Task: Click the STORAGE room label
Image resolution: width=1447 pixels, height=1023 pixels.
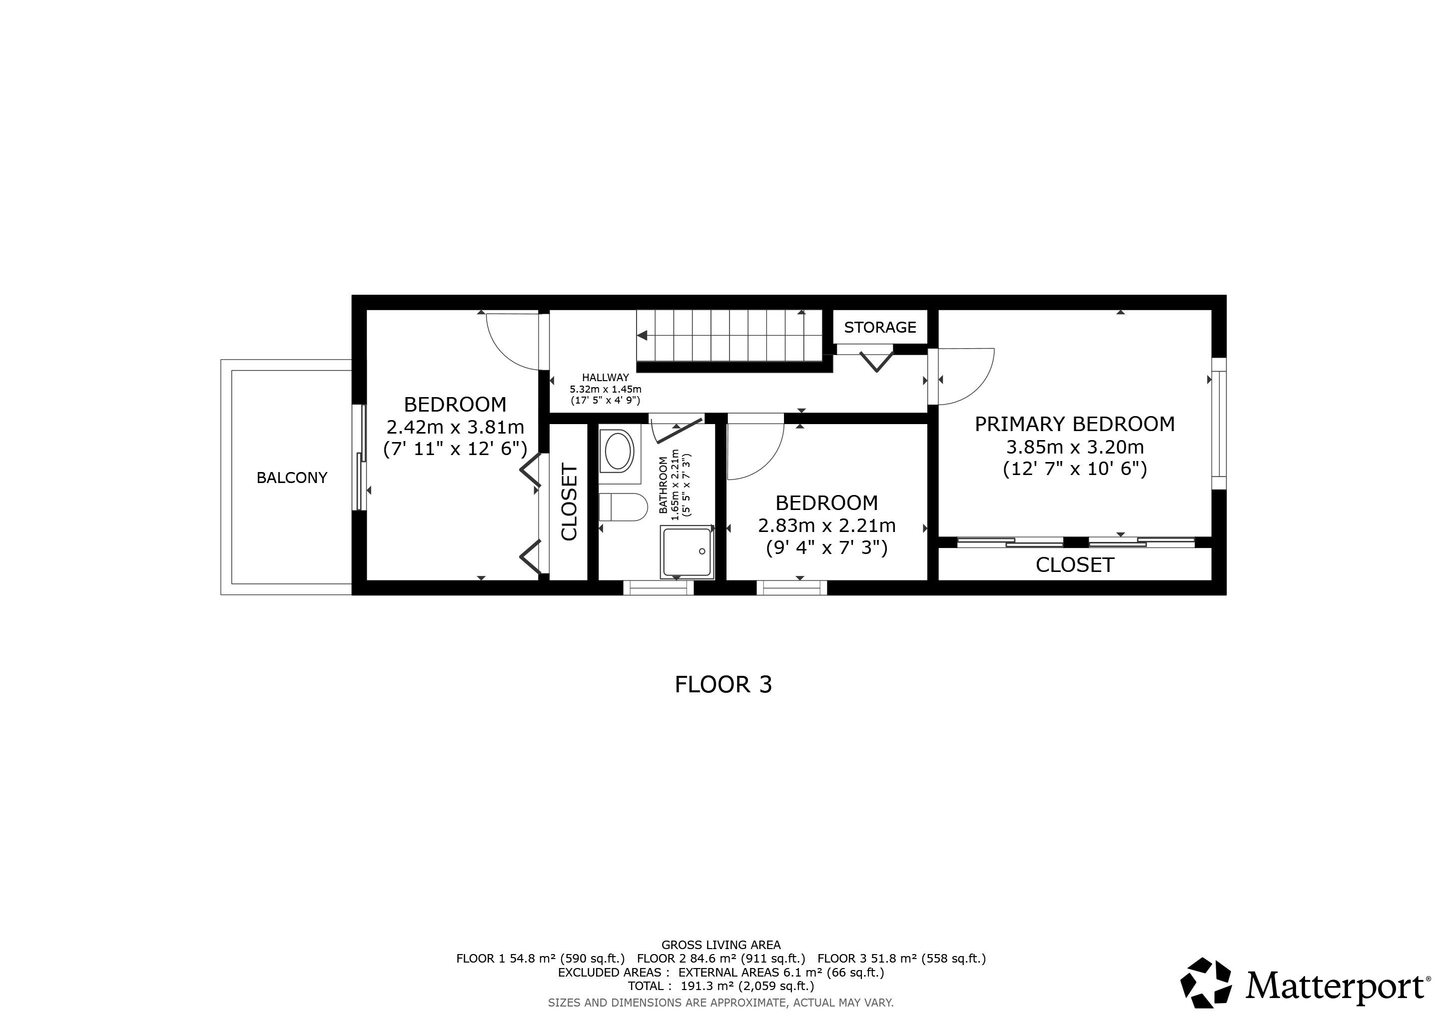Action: (x=880, y=328)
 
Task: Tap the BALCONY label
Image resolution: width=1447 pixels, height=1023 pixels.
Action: (x=292, y=478)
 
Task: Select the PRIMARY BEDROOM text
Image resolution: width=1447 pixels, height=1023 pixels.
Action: (x=1075, y=425)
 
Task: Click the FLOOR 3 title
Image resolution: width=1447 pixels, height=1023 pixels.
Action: (x=723, y=685)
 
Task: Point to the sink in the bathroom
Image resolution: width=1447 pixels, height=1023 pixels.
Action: (x=619, y=451)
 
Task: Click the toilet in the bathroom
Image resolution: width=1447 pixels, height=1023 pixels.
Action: (x=623, y=507)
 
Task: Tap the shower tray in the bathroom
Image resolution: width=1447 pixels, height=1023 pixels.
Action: (x=687, y=552)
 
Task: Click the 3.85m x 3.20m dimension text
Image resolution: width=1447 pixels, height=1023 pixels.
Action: (x=1075, y=447)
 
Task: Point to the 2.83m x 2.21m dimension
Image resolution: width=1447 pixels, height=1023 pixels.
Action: (x=826, y=525)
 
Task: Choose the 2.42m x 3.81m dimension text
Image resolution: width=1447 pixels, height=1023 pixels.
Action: (x=455, y=428)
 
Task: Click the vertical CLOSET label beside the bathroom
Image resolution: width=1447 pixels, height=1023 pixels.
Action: (x=569, y=502)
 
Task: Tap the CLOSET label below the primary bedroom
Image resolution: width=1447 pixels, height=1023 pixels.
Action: (x=1075, y=565)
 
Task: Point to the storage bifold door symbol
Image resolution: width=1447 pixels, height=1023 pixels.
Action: (x=876, y=361)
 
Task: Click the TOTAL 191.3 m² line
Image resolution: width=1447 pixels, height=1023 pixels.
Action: (x=721, y=986)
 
